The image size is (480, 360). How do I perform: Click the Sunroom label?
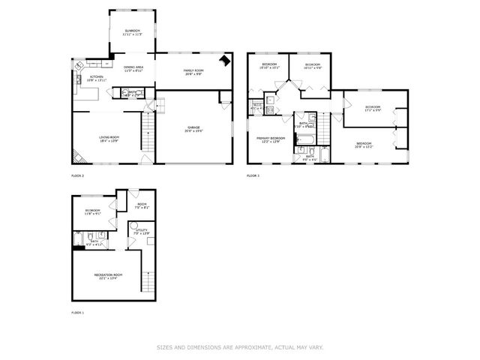pyautogui.click(x=132, y=32)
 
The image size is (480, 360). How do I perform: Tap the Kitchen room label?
pyautogui.click(x=97, y=78)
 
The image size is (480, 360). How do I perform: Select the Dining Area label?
pyautogui.click(x=134, y=68)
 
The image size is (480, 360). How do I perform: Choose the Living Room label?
pyautogui.click(x=109, y=138)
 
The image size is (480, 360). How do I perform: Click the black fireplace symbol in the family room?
pyautogui.click(x=223, y=62)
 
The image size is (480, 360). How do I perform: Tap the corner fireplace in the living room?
pyautogui.click(x=77, y=157)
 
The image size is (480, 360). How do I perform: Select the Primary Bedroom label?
pyautogui.click(x=271, y=139)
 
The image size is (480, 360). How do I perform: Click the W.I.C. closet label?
pyautogui.click(x=256, y=106)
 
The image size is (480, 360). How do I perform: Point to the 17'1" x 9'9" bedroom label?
pyautogui.click(x=373, y=109)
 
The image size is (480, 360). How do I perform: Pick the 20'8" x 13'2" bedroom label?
pyautogui.click(x=364, y=145)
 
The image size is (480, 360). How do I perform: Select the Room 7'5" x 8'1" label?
pyautogui.click(x=142, y=205)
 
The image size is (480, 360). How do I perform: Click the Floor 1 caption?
pyautogui.click(x=78, y=312)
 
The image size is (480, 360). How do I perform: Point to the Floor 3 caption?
pyautogui.click(x=253, y=175)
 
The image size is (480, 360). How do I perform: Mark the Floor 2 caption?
pyautogui.click(x=78, y=175)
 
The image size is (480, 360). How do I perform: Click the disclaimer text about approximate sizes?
pyautogui.click(x=239, y=347)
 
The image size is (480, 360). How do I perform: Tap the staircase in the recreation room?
pyautogui.click(x=147, y=281)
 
